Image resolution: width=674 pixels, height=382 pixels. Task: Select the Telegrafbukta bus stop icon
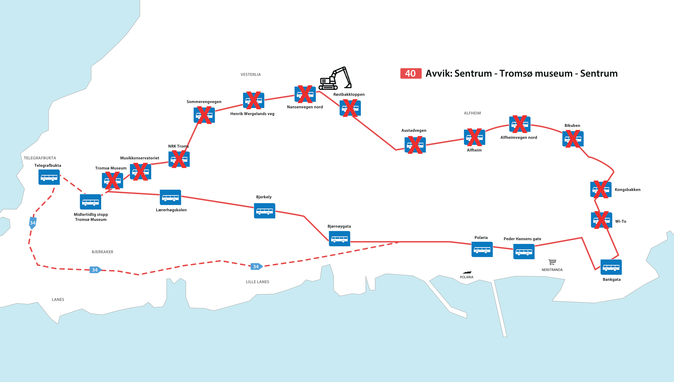tap(49, 177)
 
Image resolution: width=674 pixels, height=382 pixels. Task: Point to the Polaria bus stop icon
tap(482, 249)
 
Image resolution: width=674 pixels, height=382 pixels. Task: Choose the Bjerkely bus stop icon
tap(265, 211)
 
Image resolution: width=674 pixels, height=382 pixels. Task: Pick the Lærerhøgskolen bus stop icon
tap(170, 197)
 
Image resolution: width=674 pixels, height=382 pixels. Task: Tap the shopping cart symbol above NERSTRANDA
tap(552, 262)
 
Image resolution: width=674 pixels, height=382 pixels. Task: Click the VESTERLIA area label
tap(251, 75)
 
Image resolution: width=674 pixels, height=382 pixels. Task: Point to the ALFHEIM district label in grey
tap(472, 113)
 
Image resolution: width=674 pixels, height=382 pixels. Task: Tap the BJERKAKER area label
tap(103, 252)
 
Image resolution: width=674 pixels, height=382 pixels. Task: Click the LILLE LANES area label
tap(257, 282)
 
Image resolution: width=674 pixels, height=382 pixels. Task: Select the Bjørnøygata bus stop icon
tap(340, 239)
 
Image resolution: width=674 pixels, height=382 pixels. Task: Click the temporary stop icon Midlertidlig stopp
tap(90, 202)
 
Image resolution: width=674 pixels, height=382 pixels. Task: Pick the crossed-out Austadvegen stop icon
tap(415, 145)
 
